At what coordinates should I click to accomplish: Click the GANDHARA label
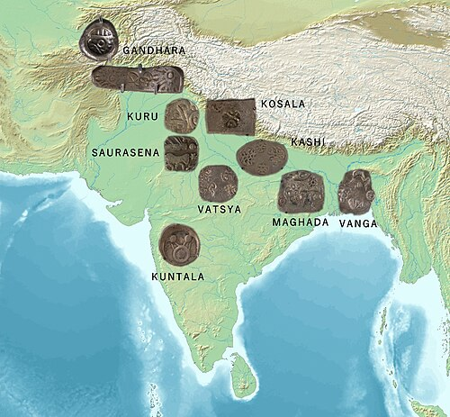point(155,51)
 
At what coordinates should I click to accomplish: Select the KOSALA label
point(283,104)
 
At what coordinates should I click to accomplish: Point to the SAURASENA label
point(125,153)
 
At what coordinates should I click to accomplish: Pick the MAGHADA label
point(300,222)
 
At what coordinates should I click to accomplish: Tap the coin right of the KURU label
point(183,117)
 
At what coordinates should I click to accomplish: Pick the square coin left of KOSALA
point(224,116)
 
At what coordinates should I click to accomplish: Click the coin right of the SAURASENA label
point(181,153)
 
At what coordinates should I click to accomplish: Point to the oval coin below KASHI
point(261,156)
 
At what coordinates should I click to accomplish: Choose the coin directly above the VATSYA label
point(216,183)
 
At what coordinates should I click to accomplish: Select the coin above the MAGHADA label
point(299,191)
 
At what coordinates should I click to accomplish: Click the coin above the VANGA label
point(355,191)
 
